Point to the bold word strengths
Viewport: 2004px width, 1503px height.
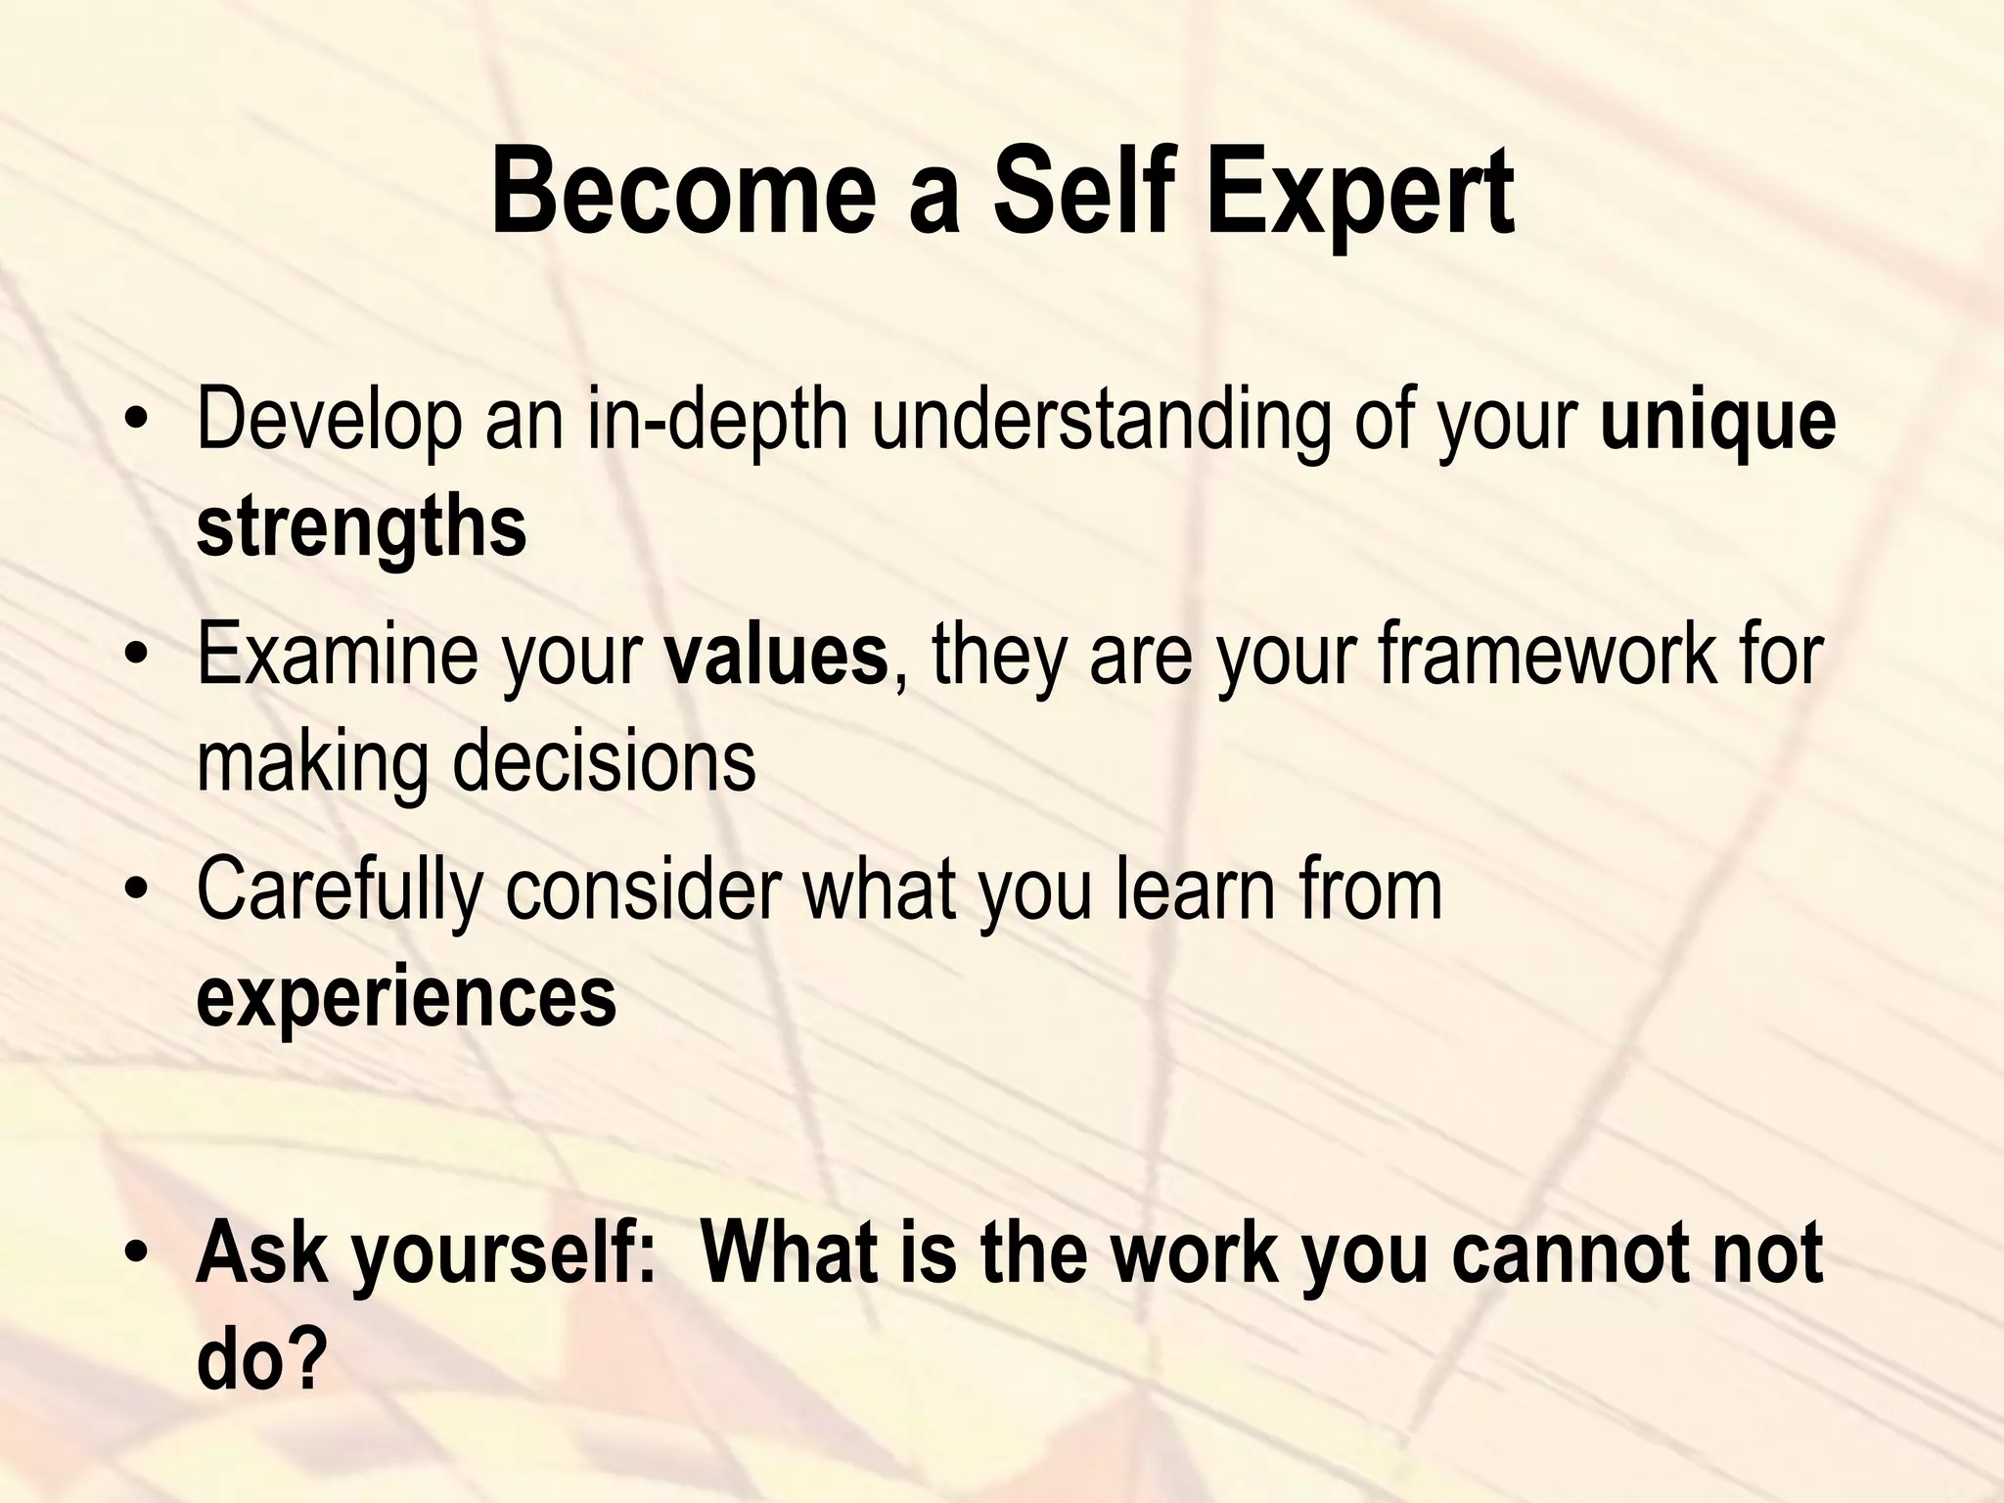point(361,528)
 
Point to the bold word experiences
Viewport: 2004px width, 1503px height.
point(406,998)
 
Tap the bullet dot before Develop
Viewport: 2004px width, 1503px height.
point(137,426)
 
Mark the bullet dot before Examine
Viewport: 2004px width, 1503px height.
point(137,657)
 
